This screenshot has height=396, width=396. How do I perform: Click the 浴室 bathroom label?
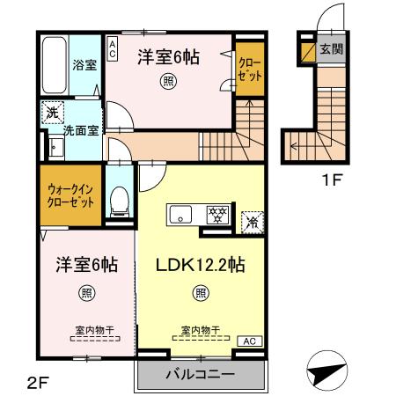point(84,65)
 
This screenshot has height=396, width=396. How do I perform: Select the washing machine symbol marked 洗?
point(51,113)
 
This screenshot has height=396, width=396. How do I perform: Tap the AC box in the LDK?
point(248,341)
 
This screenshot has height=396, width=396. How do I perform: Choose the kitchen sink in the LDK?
point(182,214)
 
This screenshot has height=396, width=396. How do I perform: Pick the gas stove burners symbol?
point(216,214)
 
